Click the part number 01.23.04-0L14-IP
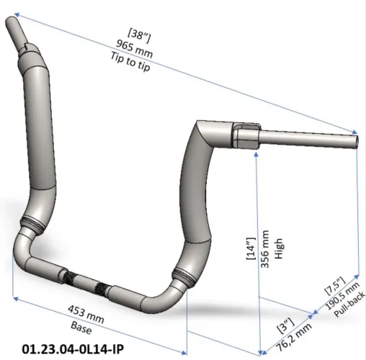[73, 348]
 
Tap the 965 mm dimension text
[134, 49]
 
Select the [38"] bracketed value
[139, 36]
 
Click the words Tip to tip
[130, 62]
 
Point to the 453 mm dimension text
[86, 314]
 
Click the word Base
[81, 328]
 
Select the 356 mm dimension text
[264, 249]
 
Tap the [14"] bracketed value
[251, 248]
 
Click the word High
[279, 248]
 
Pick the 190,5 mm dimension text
[343, 296]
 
